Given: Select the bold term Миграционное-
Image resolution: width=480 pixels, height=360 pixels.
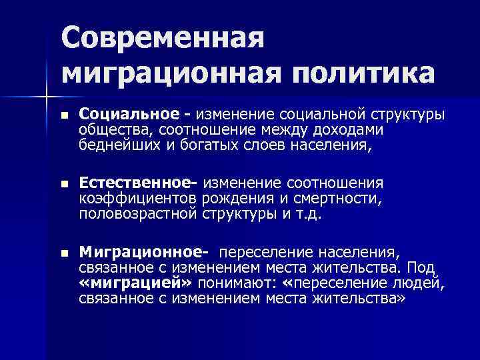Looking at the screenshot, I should (143, 253).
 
